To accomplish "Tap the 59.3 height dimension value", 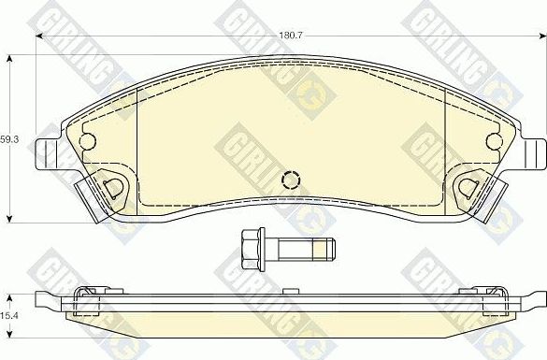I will pyautogui.click(x=8, y=137).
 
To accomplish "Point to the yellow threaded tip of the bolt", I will pyautogui.click(x=322, y=249).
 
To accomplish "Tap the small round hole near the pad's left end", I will pyautogui.click(x=89, y=141).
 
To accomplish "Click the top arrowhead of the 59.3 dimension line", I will pyautogui.click(x=10, y=57).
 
